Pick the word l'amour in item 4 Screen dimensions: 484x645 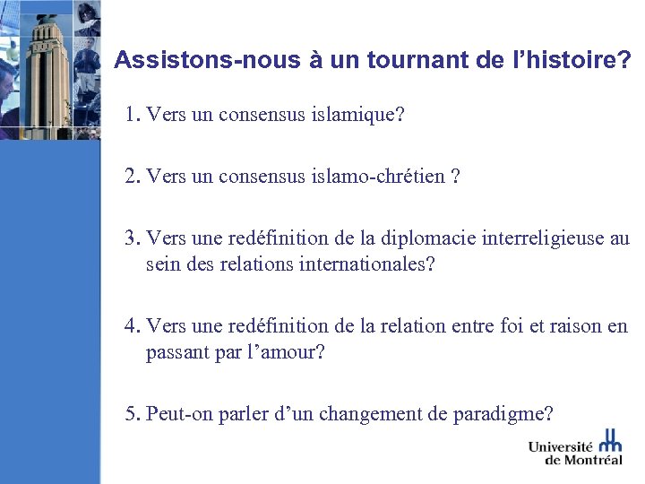(x=286, y=352)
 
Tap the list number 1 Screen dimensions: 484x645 (x=133, y=115)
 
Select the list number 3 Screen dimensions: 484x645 (x=133, y=238)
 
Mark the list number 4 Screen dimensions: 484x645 (x=133, y=326)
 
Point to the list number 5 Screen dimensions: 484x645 (x=133, y=414)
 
